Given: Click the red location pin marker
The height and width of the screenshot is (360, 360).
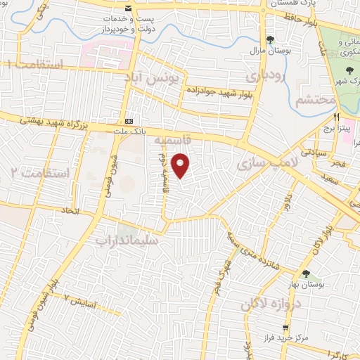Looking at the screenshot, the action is coord(181,165).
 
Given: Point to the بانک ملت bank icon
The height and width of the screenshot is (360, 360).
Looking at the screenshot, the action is coord(128,121).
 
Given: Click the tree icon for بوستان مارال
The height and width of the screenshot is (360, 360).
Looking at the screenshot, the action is coord(270,39).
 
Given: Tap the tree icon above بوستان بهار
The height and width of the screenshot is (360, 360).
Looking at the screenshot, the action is coord(305,273).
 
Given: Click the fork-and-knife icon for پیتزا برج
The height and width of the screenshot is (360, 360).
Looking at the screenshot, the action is coord(337,117).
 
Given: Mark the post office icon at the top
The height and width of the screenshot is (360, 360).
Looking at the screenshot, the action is coord(127,8).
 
